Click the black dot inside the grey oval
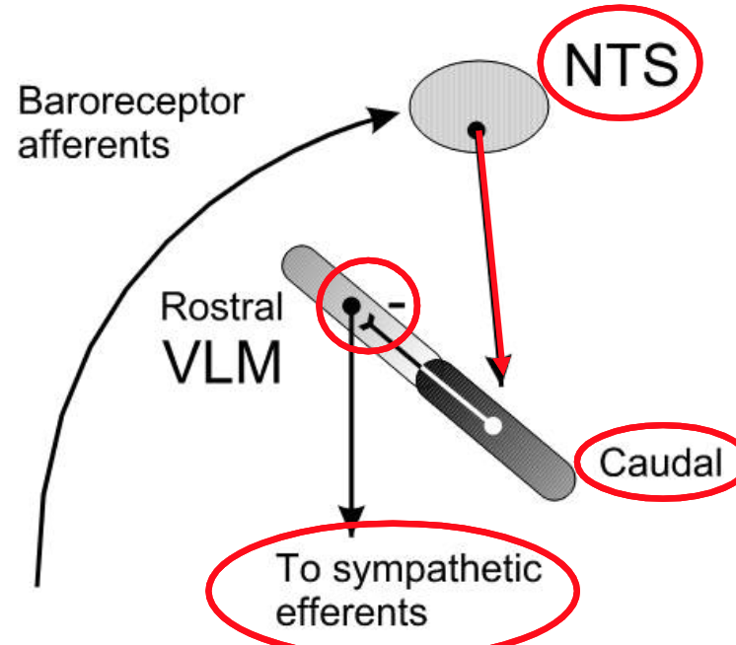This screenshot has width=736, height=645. pos(476,127)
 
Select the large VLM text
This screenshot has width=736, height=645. pos(221,362)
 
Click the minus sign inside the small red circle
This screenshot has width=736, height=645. pos(397,304)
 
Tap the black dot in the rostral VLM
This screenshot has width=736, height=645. pos(350,306)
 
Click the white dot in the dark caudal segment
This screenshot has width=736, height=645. pos(493,425)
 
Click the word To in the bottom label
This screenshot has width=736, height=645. pos(295,569)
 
